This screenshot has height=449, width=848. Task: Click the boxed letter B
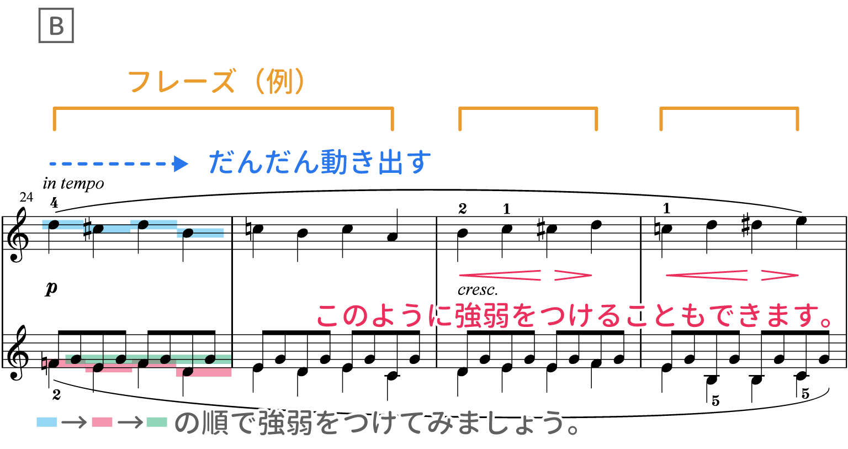click(56, 25)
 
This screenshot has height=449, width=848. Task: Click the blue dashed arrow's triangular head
click(181, 164)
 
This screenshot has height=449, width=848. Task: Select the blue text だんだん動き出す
click(320, 162)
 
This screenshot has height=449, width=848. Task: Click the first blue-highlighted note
click(54, 225)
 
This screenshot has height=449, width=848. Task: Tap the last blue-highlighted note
click(188, 233)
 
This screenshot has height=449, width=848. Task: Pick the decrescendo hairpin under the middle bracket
click(573, 275)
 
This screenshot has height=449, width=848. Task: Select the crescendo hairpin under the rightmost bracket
click(707, 275)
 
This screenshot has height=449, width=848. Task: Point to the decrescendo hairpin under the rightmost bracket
click(780, 275)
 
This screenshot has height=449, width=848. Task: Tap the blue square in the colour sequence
click(46, 422)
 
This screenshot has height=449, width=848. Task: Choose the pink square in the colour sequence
click(102, 422)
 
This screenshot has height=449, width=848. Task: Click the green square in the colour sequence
click(157, 422)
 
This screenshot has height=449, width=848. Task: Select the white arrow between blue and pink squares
click(74, 422)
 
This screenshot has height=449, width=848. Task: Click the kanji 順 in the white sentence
click(216, 423)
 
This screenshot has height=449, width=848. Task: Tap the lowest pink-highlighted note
click(188, 372)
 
